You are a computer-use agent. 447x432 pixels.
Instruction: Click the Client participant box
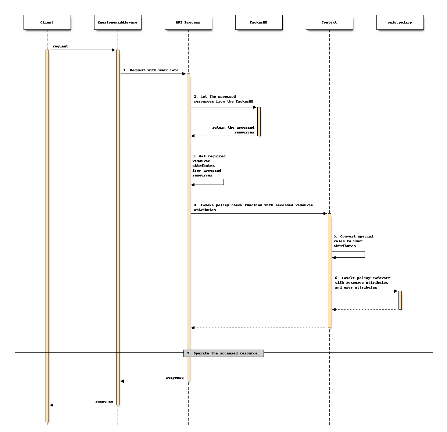point(47,22)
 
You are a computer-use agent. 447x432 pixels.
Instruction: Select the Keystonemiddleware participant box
point(118,22)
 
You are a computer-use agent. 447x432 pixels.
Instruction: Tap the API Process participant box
point(188,22)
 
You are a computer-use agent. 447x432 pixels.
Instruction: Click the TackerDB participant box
point(259,22)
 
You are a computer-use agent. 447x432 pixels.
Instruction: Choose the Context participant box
point(329,22)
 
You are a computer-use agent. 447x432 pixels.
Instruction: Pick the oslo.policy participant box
point(400,22)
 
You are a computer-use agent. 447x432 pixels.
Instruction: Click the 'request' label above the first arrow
point(61,46)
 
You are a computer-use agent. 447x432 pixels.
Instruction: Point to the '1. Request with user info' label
point(151,70)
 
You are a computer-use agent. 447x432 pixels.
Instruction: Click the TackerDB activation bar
point(259,121)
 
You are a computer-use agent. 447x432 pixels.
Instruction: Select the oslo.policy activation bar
point(400,300)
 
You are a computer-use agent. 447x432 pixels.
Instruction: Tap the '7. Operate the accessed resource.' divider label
point(223,353)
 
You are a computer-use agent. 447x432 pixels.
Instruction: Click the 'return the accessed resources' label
point(233,130)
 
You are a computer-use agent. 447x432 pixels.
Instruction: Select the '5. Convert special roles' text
point(353,241)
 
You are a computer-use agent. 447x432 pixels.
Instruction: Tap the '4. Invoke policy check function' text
point(253,207)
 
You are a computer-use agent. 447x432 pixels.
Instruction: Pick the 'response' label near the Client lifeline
point(104,401)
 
